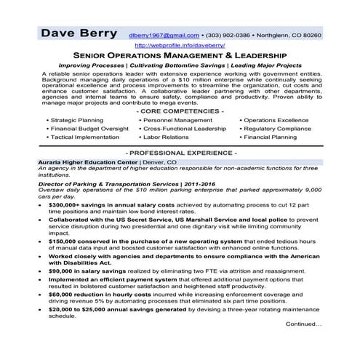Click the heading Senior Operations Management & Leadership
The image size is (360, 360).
coord(180,55)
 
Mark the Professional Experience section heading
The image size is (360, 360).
coord(180,153)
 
